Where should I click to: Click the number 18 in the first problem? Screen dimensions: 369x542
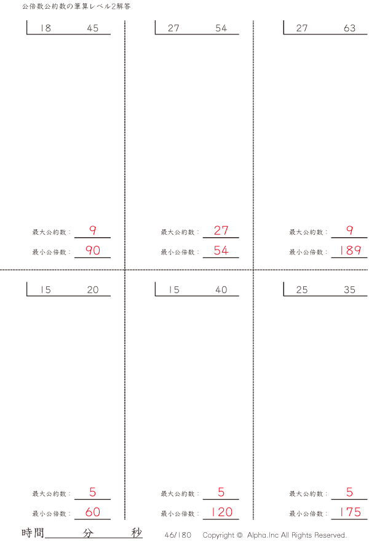click(46, 28)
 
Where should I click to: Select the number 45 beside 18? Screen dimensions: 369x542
click(93, 28)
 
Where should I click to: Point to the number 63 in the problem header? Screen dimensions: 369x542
click(349, 28)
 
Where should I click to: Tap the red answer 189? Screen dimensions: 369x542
click(351, 250)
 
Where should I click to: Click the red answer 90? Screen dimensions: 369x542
click(93, 250)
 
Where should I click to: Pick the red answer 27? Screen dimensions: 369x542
click(221, 230)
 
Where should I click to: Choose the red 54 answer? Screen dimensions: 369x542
click(221, 250)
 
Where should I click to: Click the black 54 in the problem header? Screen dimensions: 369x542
click(221, 28)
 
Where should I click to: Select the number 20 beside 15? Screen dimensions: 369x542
click(93, 289)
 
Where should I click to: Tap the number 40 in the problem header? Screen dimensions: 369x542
click(221, 289)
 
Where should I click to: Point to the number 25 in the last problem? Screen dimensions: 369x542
click(302, 289)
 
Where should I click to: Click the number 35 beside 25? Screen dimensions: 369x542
click(349, 289)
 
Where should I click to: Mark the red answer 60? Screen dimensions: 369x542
click(93, 512)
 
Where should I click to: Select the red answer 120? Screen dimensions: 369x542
click(222, 512)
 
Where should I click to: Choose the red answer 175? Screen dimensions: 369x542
click(351, 512)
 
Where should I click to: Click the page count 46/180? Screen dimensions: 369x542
click(178, 535)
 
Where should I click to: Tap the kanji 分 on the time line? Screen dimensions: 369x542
click(88, 533)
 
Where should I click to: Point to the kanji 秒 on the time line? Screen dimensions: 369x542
click(137, 533)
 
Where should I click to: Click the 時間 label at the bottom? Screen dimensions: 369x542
click(33, 533)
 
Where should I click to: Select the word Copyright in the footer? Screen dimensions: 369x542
click(218, 535)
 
